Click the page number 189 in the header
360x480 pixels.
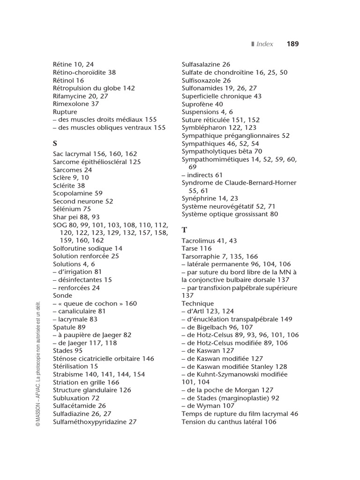point(292,44)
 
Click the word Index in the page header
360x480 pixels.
point(265,44)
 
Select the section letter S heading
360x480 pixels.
point(55,143)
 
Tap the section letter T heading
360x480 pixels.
point(184,230)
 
